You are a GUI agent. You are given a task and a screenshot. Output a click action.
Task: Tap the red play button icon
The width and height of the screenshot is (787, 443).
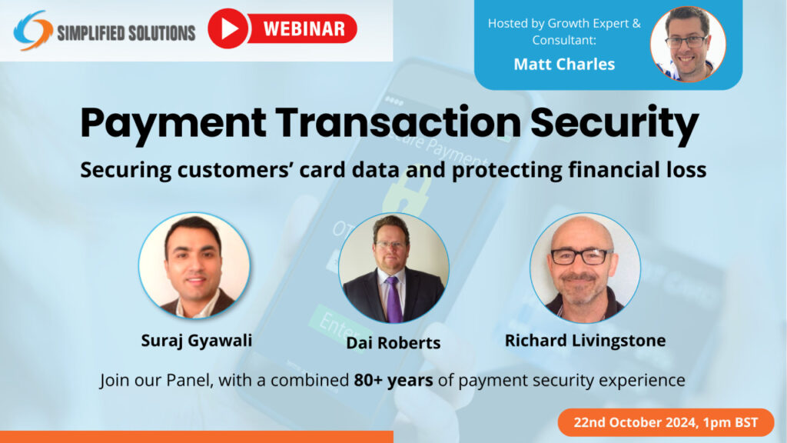point(227,28)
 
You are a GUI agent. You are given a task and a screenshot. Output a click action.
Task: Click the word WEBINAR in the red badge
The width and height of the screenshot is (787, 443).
point(304,29)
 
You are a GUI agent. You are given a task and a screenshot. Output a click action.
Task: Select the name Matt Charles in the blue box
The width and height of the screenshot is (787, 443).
point(564,64)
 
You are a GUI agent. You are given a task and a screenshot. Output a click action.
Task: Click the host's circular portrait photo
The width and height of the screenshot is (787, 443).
point(688,44)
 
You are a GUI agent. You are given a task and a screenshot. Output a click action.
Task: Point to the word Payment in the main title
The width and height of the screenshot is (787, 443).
point(168,124)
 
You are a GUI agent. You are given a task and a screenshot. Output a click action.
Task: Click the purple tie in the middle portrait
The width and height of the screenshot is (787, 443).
point(393,296)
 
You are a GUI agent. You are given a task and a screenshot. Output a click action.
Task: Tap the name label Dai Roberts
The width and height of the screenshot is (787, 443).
point(393,343)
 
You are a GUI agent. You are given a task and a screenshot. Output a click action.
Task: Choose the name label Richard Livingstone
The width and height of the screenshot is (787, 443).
point(585,339)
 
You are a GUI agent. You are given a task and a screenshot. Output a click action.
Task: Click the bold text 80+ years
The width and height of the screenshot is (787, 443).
point(393,380)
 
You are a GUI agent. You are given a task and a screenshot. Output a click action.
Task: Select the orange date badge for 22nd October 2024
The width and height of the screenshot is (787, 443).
point(665,422)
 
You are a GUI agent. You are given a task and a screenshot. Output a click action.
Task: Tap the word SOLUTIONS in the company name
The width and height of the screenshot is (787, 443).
point(158,33)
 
